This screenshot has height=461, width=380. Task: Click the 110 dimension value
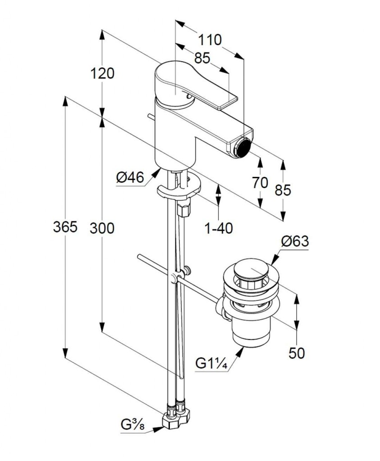210,40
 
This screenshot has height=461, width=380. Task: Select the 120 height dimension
103,73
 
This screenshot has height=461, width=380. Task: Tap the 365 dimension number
65,228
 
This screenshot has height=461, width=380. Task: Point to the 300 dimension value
102,228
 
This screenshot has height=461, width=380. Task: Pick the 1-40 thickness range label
219,229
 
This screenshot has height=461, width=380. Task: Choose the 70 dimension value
260,183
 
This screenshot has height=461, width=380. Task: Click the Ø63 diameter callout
295,242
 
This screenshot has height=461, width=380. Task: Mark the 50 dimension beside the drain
297,353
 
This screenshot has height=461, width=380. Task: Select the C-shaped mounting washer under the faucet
179,189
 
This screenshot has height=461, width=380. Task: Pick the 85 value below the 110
202,58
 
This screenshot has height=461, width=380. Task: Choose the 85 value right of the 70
283,190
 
